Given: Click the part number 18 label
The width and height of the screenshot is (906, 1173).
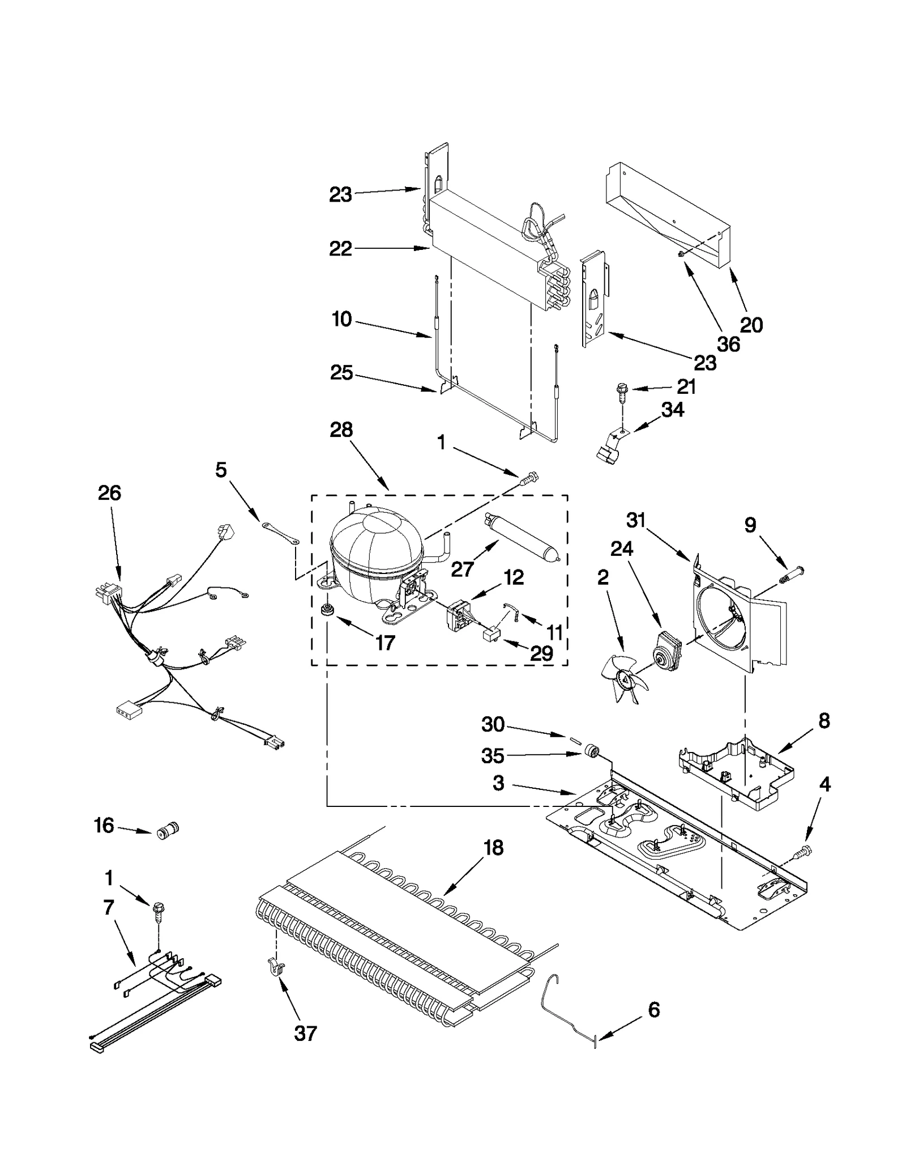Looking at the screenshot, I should pos(493,848).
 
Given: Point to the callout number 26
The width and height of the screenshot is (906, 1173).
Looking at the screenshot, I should pos(109,493).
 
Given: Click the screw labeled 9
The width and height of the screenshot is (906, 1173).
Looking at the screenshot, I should pos(790,580).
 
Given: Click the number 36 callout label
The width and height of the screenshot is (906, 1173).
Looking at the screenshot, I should pos(728,344).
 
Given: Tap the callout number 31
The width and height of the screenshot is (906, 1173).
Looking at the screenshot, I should pos(636,520).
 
